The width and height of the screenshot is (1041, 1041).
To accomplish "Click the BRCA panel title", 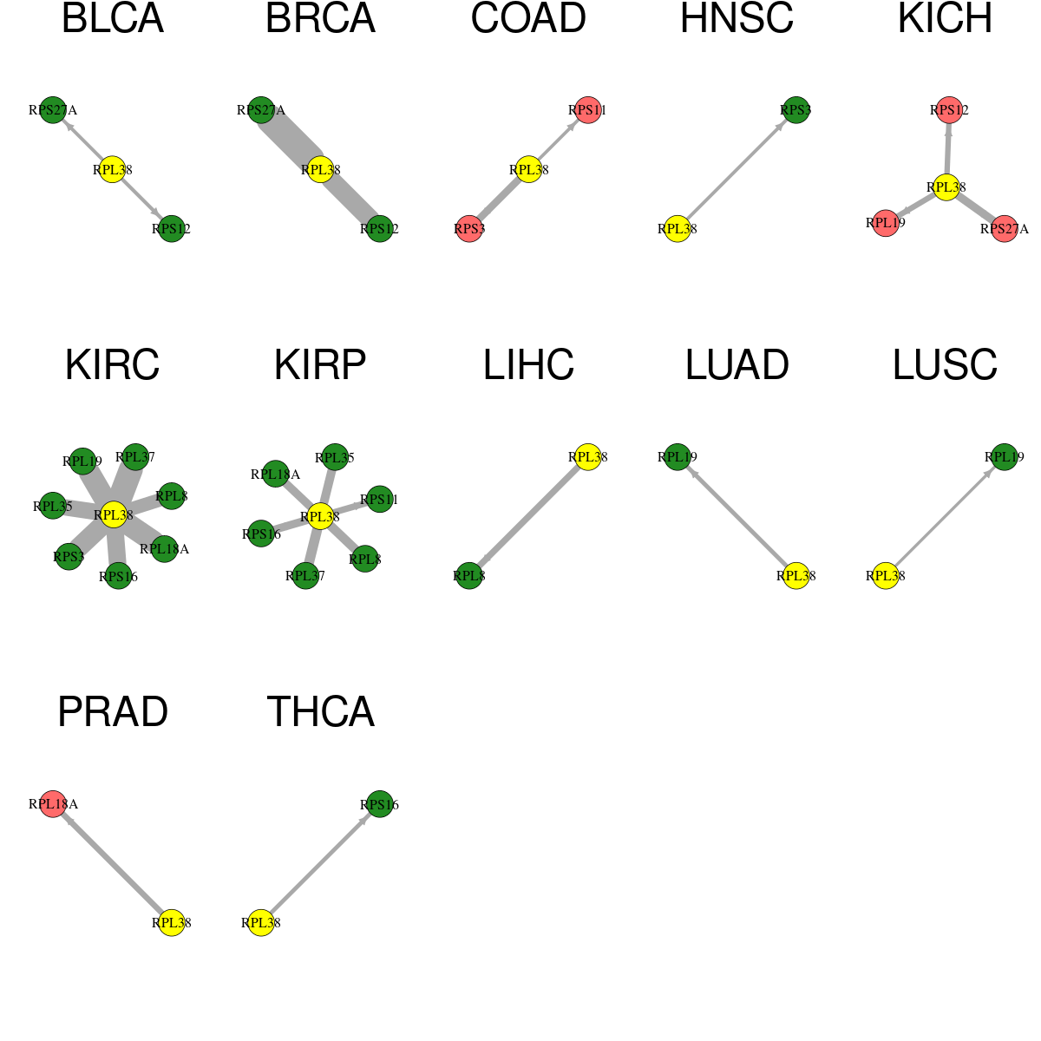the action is point(320,18).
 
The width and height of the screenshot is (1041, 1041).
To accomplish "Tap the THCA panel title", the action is point(320,711).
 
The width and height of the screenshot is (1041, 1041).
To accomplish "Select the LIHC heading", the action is point(528,364).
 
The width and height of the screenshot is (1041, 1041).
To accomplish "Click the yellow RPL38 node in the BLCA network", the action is point(113,170).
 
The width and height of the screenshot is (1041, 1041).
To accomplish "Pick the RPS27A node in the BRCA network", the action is point(261,110).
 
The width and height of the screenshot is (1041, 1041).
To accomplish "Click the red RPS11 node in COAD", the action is point(588,110).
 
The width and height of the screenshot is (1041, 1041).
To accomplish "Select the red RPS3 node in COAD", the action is point(469,229).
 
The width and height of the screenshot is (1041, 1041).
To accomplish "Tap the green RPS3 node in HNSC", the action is point(795,110).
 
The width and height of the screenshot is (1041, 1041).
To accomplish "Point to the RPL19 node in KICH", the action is point(886,223).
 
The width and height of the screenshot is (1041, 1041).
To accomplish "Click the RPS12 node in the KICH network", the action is point(949,110).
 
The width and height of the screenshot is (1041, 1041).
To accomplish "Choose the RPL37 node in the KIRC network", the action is point(135,457).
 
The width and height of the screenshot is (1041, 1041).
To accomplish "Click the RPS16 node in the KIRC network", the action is point(118,576).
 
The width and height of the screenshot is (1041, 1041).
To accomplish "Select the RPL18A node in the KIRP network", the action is point(276,475).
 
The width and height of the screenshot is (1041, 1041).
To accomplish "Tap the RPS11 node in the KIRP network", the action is point(379,500).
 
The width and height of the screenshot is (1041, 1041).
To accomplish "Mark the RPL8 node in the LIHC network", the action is point(469,576).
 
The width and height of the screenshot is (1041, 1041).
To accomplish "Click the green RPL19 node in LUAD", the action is point(677,457).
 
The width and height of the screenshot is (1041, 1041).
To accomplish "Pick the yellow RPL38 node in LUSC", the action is point(886,576).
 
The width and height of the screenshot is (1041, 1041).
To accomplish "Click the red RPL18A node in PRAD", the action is point(53,804).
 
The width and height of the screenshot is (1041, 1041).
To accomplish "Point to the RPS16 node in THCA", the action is point(379,804).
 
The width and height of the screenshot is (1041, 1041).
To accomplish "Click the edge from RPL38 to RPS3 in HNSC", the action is point(737,170).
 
